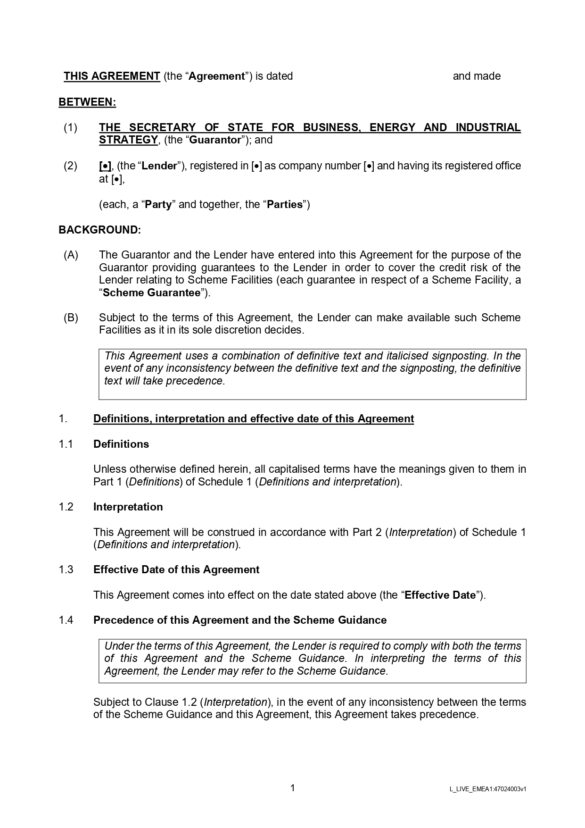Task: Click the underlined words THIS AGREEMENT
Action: (x=112, y=76)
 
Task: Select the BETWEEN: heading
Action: (x=87, y=102)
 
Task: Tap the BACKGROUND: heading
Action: (x=99, y=230)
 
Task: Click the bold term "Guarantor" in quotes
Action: (x=215, y=140)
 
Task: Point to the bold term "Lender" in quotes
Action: (x=160, y=166)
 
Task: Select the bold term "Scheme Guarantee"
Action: (x=151, y=293)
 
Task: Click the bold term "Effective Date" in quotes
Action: (x=440, y=595)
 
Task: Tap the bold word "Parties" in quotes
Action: (x=285, y=205)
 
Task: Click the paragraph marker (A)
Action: (x=71, y=255)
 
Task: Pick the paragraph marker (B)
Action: (x=71, y=318)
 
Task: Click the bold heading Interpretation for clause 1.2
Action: (x=128, y=507)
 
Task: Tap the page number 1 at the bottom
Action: (x=292, y=788)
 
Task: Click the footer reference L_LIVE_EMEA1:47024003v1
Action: (x=488, y=789)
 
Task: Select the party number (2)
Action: (x=70, y=166)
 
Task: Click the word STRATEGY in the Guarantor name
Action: (x=128, y=140)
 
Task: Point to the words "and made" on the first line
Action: (x=477, y=76)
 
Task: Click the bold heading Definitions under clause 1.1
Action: (x=121, y=444)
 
